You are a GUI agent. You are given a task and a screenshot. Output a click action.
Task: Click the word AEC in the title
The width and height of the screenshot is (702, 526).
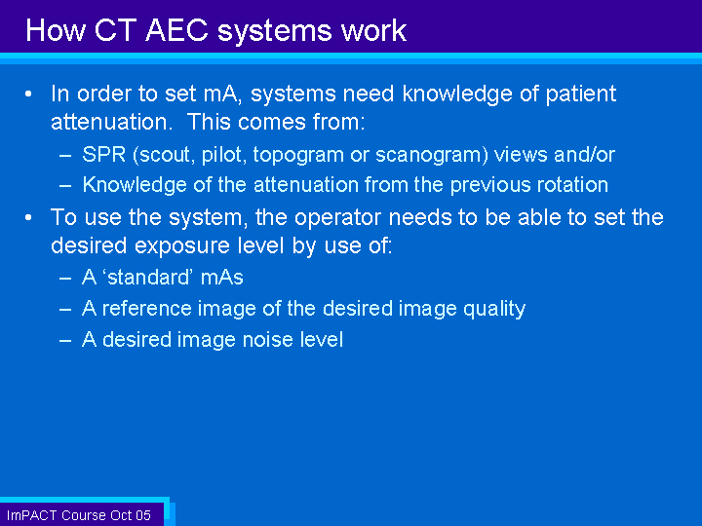(x=176, y=31)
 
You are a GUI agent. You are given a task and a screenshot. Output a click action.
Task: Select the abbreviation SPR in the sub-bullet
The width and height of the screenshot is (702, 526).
(x=104, y=155)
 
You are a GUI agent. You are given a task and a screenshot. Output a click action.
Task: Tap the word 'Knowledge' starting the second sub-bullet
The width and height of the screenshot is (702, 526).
(x=135, y=186)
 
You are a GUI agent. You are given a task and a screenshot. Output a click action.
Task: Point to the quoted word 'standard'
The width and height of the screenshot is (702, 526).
(x=148, y=278)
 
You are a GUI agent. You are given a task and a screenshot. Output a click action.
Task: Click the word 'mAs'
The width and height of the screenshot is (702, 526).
(x=222, y=278)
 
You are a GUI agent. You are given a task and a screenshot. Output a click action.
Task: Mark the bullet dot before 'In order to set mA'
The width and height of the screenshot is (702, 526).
(x=28, y=94)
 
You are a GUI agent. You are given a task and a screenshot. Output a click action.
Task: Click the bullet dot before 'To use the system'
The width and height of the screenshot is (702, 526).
(x=28, y=218)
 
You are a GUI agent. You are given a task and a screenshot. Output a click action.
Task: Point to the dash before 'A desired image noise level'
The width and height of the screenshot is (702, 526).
(x=65, y=341)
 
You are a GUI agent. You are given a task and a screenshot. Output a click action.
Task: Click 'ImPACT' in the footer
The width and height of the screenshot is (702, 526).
(x=32, y=515)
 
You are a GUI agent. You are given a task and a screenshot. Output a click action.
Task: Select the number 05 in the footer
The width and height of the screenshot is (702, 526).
(x=143, y=515)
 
